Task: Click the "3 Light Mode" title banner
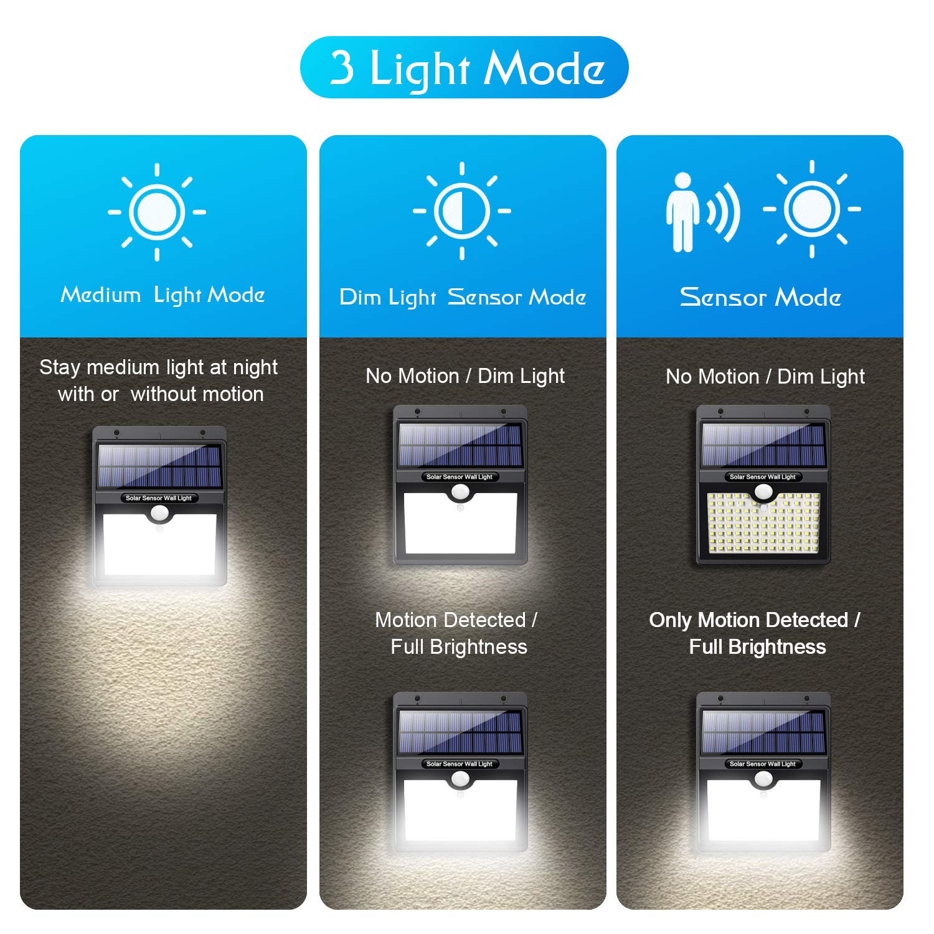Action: (x=464, y=67)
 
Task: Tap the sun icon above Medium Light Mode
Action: (x=157, y=212)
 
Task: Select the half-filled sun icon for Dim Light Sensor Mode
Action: (x=462, y=210)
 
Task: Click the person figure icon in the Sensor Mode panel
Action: (x=682, y=212)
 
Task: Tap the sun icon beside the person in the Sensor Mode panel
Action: (x=812, y=209)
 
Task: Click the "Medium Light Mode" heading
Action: (x=163, y=295)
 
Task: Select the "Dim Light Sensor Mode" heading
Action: (x=463, y=297)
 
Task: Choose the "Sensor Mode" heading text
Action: (x=760, y=297)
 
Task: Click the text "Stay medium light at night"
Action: (x=158, y=367)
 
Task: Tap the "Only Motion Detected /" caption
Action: (x=755, y=620)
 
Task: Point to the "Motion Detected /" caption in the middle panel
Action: (x=456, y=620)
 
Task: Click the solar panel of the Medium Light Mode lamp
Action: (x=159, y=466)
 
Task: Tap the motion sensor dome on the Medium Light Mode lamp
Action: (x=159, y=514)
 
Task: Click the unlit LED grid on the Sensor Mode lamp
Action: (x=763, y=523)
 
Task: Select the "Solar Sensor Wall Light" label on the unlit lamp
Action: (x=763, y=477)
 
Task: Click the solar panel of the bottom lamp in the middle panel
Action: (x=460, y=732)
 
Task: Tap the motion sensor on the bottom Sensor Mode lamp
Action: (x=763, y=779)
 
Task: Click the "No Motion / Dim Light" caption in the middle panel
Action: (x=465, y=376)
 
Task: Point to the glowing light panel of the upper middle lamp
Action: (x=461, y=523)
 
